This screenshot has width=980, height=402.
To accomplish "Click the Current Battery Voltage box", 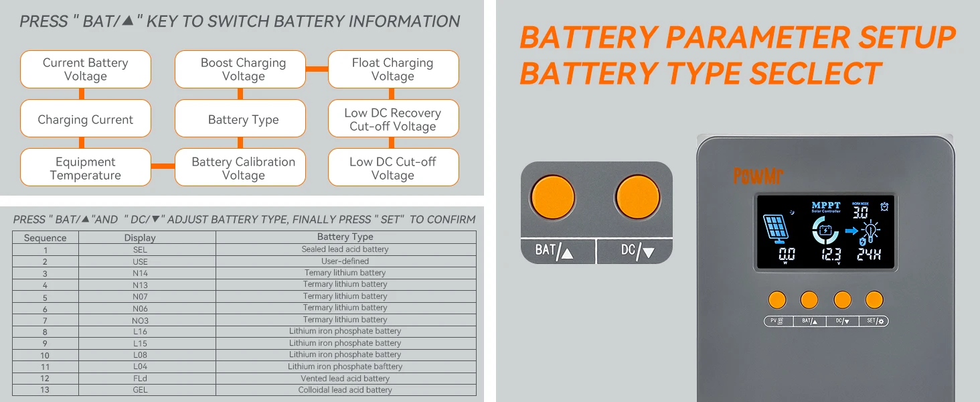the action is (86, 69).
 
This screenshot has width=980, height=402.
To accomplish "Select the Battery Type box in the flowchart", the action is (240, 119).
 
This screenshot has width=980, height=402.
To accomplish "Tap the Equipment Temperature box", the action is (86, 167).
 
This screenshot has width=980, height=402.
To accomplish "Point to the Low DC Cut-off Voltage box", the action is (393, 167).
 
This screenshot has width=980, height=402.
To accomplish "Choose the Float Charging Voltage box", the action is (393, 69).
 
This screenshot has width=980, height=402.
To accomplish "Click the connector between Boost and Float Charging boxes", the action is (317, 68).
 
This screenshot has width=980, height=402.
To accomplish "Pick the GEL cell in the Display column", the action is (140, 390).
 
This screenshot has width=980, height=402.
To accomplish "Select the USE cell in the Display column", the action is (140, 261).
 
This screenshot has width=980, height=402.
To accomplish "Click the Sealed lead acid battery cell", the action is (345, 249).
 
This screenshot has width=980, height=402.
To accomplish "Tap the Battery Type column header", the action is (345, 237).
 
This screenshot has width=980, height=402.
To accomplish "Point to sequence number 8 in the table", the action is (45, 332).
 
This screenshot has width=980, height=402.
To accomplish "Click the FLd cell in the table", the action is (140, 379).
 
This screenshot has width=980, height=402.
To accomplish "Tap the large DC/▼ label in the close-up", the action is (637, 251).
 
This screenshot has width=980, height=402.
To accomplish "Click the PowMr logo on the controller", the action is (758, 176).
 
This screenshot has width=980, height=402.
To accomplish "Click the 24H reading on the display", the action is (868, 255).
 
